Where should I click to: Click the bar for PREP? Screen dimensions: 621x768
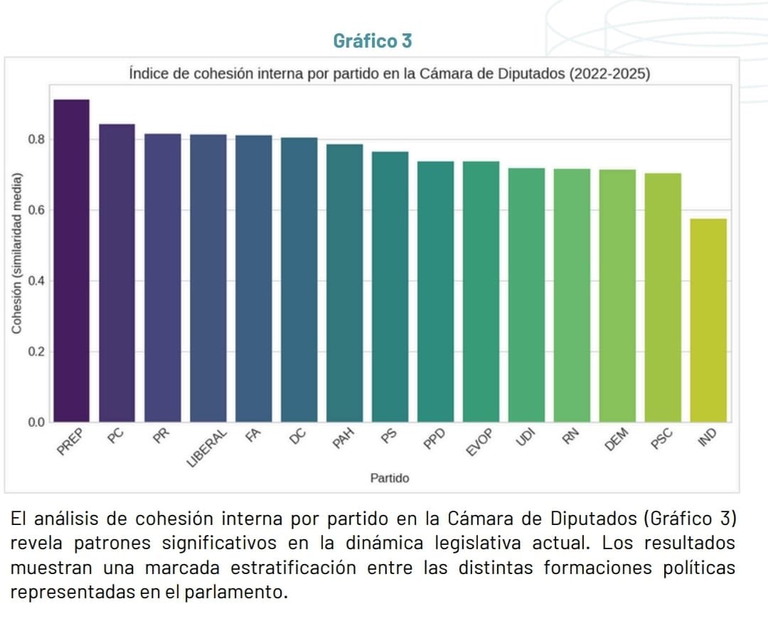[x=72, y=260]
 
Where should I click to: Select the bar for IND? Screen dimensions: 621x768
[x=708, y=320]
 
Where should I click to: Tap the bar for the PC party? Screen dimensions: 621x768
[x=117, y=273]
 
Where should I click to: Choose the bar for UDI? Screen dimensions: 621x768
[x=526, y=295]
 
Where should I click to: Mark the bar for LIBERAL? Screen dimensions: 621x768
[x=208, y=278]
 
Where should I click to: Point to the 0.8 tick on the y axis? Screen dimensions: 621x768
[x=36, y=139]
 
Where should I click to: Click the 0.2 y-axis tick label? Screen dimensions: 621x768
[x=36, y=352]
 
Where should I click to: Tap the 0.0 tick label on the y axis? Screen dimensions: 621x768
[x=36, y=423]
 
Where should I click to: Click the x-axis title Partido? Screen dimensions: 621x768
[x=390, y=478]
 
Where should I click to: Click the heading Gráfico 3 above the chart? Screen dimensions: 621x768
[x=373, y=41]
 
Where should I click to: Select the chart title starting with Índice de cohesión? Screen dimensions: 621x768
[x=390, y=74]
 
